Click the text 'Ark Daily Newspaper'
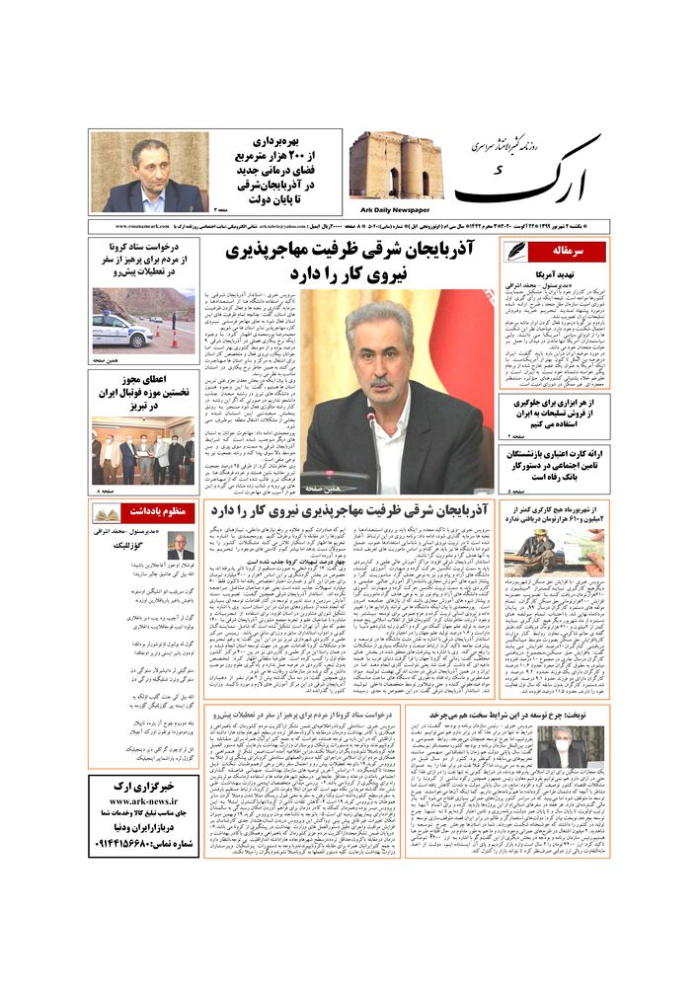coord(392,209)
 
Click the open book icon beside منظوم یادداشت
coord(107,513)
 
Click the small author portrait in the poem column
coord(181,546)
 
